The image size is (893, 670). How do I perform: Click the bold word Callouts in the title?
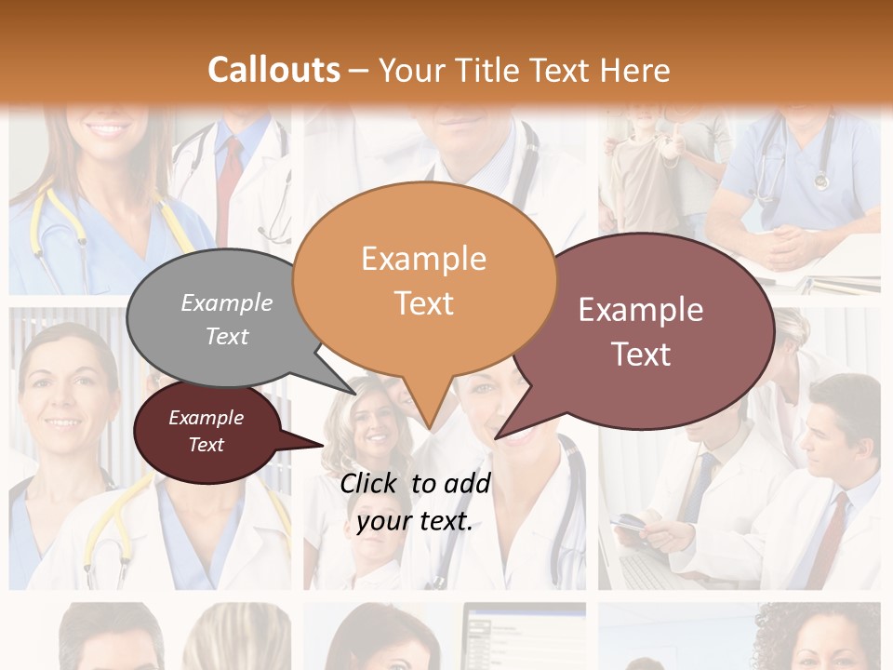(x=273, y=70)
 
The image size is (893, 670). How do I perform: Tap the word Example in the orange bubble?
(x=423, y=259)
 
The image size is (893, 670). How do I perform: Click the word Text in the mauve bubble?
(x=641, y=355)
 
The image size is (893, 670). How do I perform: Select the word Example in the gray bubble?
(x=227, y=302)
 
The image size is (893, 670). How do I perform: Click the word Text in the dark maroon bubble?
(x=206, y=445)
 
